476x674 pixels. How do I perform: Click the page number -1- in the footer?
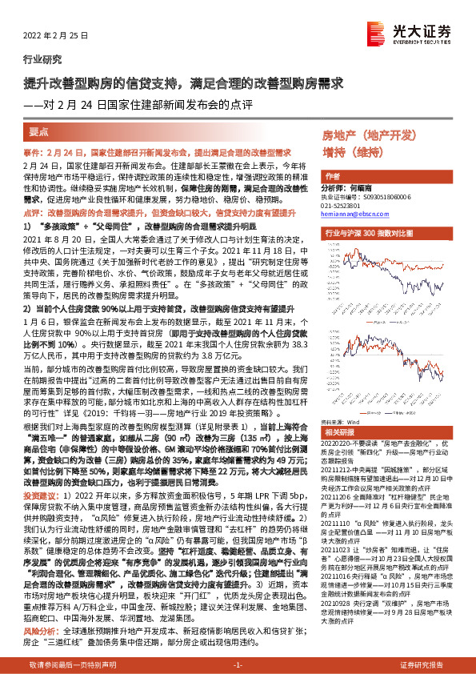238,664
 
